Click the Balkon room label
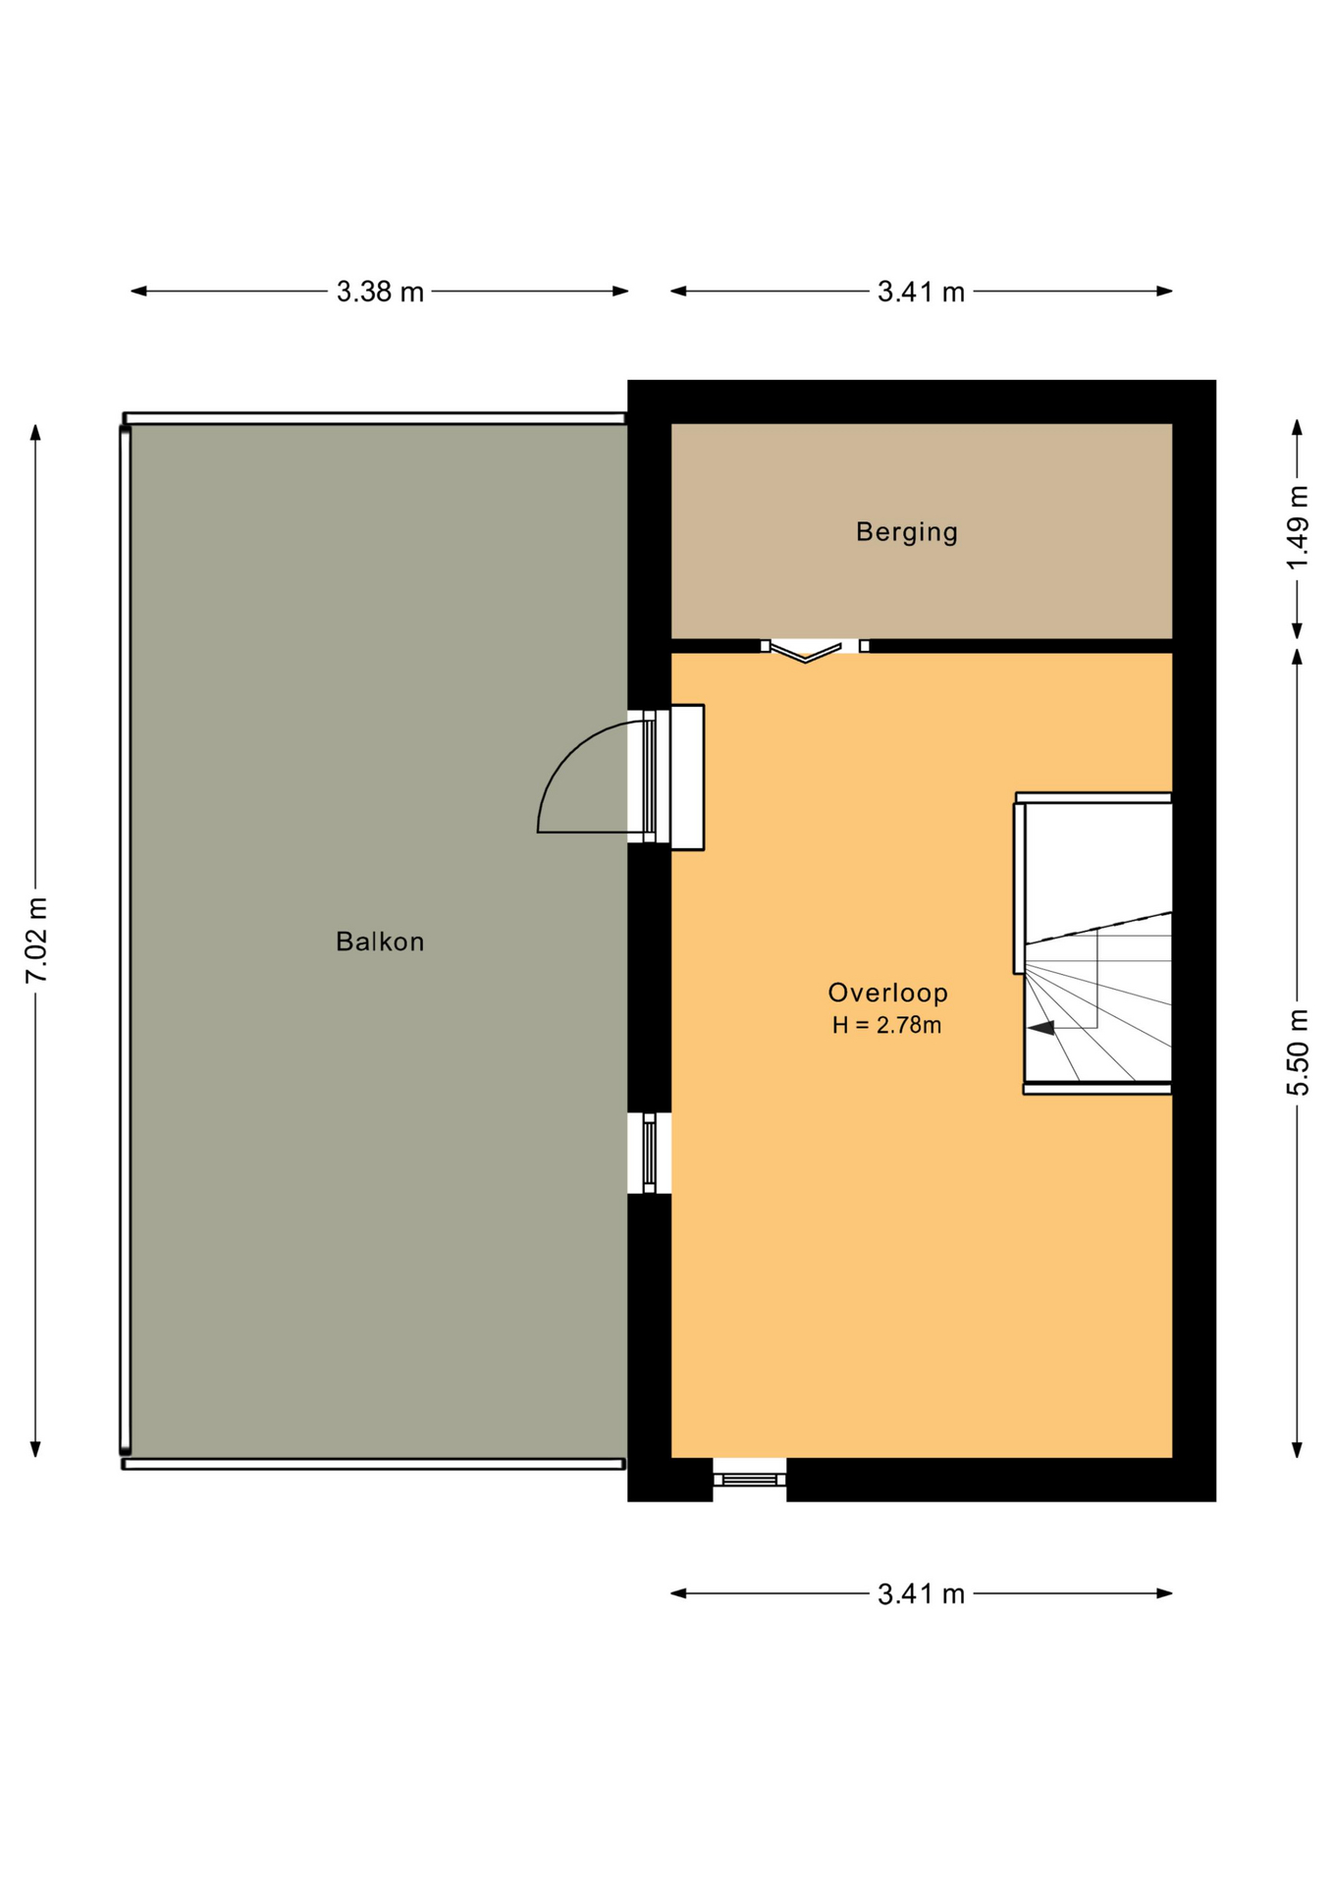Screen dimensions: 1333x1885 click(x=380, y=942)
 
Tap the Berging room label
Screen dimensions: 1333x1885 click(x=907, y=532)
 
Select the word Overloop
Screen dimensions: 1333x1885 click(x=888, y=993)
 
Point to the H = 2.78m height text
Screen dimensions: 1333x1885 click(x=887, y=1026)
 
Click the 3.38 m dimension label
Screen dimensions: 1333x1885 click(x=380, y=292)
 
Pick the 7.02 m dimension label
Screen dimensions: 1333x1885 click(x=36, y=940)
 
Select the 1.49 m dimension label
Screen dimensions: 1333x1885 click(x=1298, y=527)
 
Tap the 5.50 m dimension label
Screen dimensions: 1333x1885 click(x=1298, y=1051)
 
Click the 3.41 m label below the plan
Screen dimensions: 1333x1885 click(x=921, y=1593)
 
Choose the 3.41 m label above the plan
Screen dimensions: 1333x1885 click(x=921, y=292)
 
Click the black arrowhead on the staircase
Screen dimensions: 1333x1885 click(x=1040, y=1027)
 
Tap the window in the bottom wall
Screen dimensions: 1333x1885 click(x=749, y=1479)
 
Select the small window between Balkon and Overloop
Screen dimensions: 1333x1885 click(x=649, y=1153)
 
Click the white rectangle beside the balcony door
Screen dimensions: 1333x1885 click(x=687, y=777)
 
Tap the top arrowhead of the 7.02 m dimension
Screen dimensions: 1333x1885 click(x=35, y=433)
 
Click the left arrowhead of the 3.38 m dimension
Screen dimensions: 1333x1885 click(x=139, y=291)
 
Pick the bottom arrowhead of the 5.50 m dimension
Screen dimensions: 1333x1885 click(x=1297, y=1449)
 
